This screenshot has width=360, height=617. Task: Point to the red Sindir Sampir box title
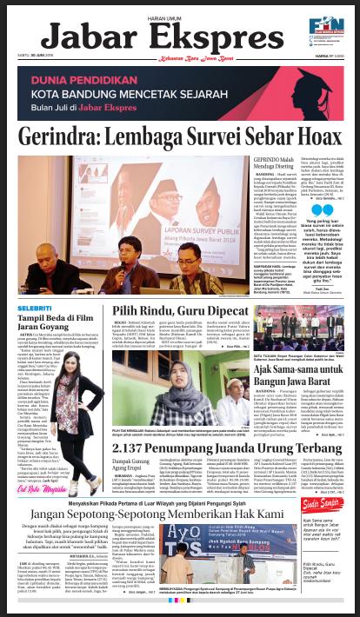(328, 531)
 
